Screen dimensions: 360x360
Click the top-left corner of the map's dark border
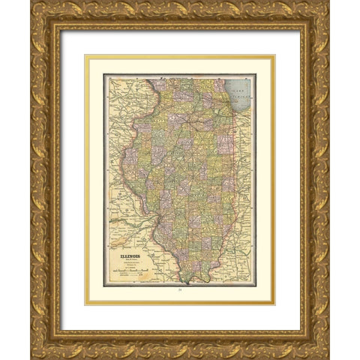(103, 74)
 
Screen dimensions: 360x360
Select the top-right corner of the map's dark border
(256, 74)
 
